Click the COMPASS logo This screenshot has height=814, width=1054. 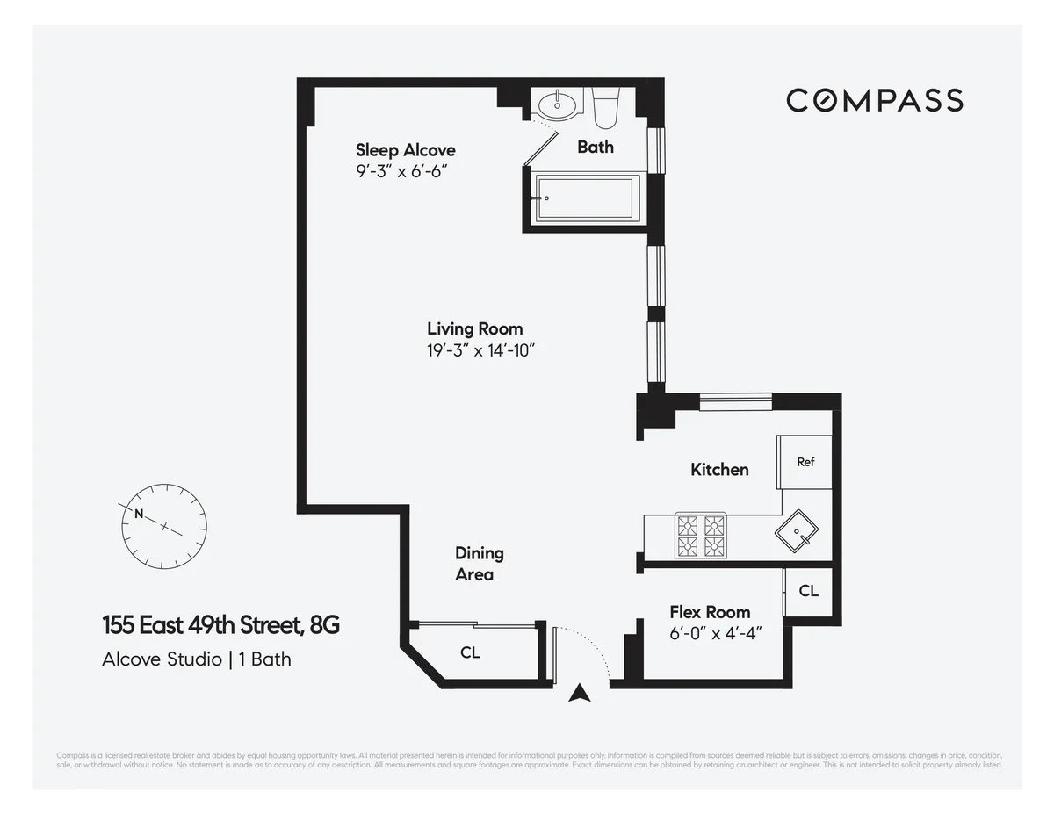874,100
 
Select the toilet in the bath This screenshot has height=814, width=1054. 606,106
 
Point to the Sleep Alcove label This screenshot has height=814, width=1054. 405,150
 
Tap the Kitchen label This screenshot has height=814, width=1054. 719,469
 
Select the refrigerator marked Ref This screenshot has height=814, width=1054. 805,462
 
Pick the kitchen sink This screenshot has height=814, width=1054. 797,530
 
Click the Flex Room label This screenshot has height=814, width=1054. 710,612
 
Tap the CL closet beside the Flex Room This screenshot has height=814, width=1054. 808,591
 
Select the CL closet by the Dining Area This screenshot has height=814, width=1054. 470,653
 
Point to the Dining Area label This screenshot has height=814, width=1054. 479,564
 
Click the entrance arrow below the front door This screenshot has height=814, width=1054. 578,694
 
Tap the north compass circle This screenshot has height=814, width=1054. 163,525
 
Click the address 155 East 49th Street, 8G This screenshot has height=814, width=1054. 220,626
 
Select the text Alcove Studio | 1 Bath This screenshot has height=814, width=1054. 196,659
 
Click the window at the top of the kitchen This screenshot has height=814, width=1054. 736,401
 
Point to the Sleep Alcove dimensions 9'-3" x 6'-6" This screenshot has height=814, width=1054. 396,172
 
